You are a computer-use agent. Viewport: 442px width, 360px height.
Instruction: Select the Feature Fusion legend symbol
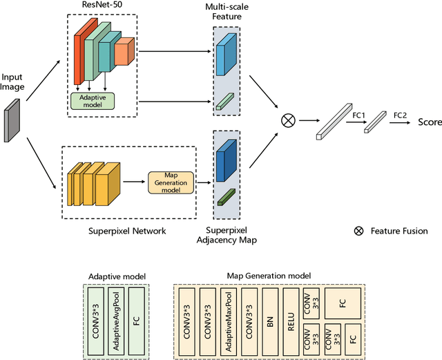coord(358,231)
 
